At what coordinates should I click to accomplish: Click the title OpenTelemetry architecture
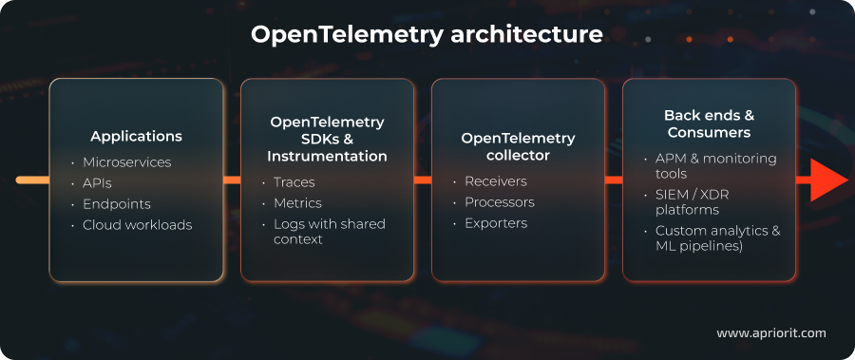[x=427, y=35]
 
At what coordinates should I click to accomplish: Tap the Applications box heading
[x=137, y=136]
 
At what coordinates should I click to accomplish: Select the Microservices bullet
[x=126, y=162]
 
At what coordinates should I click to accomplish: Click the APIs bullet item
[x=98, y=183]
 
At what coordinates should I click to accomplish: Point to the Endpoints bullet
[x=116, y=204]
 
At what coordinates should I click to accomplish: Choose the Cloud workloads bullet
[x=137, y=225]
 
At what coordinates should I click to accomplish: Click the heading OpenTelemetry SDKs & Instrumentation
[x=327, y=139]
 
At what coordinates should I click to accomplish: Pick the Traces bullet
[x=294, y=182]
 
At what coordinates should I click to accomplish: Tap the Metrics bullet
[x=296, y=203]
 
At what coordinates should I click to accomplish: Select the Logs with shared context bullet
[x=328, y=232]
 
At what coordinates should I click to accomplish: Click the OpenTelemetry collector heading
[x=518, y=146]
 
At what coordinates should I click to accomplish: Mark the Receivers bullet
[x=495, y=181]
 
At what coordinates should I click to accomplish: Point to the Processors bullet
[x=499, y=202]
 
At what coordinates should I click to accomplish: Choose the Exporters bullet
[x=495, y=223]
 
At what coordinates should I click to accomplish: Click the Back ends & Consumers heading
[x=709, y=124]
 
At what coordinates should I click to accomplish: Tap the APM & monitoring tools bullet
[x=714, y=166]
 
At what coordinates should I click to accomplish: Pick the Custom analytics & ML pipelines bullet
[x=717, y=238]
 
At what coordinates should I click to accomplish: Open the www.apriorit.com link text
[x=770, y=333]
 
